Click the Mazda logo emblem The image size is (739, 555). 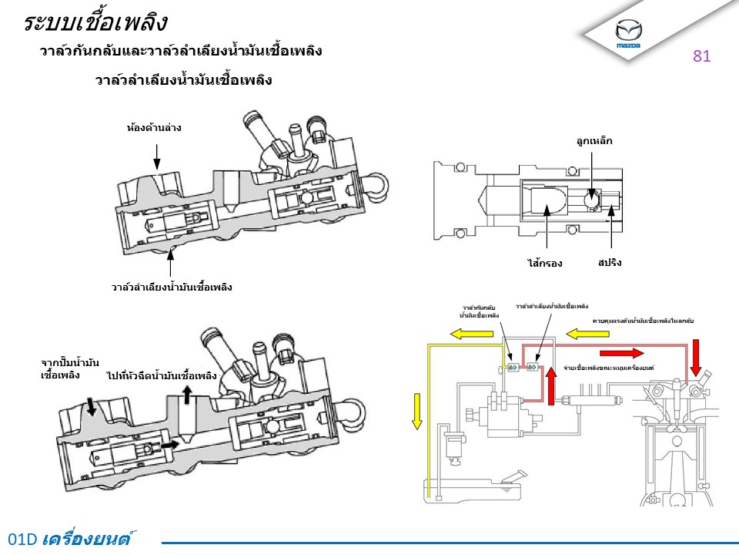point(628,32)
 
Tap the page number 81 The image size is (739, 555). point(701,55)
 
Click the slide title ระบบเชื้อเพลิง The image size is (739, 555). point(95,22)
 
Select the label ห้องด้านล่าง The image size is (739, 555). point(154,127)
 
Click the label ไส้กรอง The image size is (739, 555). point(545,264)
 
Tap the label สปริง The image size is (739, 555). point(609,263)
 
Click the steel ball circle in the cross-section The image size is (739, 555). point(593,200)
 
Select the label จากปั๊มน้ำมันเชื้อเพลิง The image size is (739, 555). point(70,368)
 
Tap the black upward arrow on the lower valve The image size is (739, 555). point(187,395)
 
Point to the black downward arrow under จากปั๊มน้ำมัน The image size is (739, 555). point(92,406)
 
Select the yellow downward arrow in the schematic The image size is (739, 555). point(417,409)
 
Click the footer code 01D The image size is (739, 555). point(22,540)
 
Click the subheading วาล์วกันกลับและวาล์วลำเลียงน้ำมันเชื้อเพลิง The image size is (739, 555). point(181,52)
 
